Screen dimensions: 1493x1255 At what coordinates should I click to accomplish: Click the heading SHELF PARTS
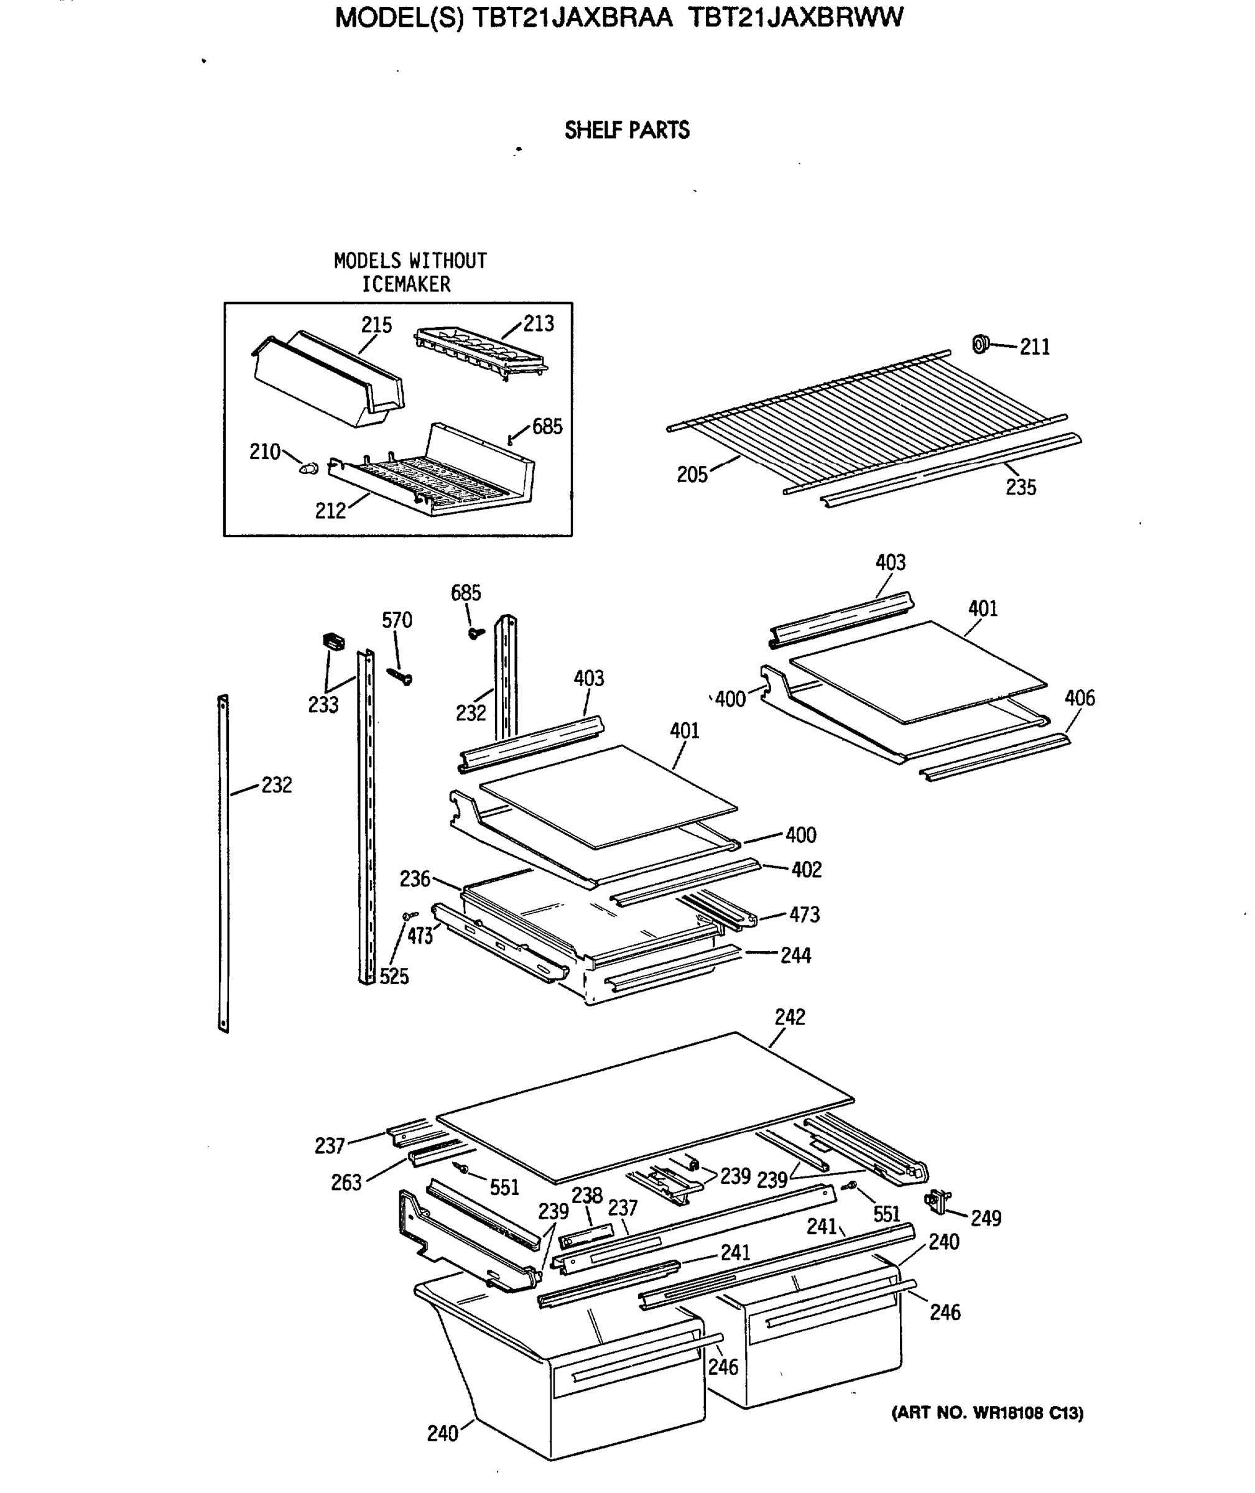pos(627,130)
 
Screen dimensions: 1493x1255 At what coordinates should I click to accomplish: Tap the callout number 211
pos(1034,347)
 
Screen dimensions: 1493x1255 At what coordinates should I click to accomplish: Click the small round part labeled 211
pos(981,345)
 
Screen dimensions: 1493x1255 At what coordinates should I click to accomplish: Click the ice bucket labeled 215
pos(328,380)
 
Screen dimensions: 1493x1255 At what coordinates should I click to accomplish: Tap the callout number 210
pos(265,452)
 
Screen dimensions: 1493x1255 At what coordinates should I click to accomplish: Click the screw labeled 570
pos(400,676)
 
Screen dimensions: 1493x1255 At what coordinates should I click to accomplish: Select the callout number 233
pos(323,705)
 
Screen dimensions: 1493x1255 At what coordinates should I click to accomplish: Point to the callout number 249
pos(986,1218)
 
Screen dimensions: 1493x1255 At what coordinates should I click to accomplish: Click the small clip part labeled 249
pos(938,1201)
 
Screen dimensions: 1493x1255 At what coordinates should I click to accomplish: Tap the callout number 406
pos(1079,698)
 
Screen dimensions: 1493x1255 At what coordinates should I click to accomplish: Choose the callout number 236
pos(415,879)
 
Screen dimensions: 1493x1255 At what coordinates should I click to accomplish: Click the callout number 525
pos(394,976)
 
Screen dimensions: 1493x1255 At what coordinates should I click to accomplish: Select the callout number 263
pos(346,1183)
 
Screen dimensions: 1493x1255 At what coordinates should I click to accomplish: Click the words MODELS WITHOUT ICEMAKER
pos(410,272)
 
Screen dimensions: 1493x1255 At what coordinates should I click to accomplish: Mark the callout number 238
pos(587,1196)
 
